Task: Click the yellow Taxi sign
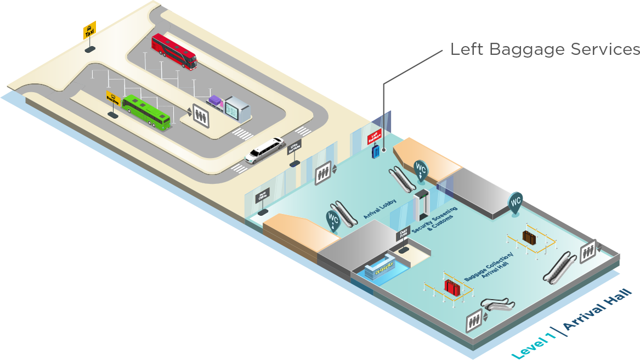tap(89, 30)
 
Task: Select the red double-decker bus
tap(174, 51)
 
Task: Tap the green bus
tap(146, 111)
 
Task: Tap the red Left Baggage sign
tap(375, 136)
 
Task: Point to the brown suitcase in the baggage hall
tap(529, 237)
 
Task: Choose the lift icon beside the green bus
tap(201, 115)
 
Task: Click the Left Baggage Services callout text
tap(545, 49)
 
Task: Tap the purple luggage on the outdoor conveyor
tap(214, 101)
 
